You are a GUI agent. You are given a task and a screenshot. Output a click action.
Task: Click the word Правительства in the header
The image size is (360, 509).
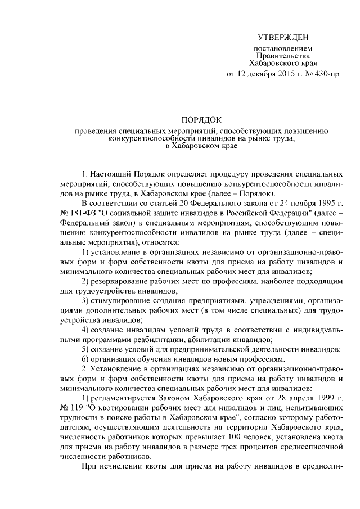tap(283, 56)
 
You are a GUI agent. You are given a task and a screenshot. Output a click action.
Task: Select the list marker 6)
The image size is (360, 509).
tap(87, 359)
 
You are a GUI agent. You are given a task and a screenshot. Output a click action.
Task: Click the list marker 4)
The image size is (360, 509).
tap(87, 329)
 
